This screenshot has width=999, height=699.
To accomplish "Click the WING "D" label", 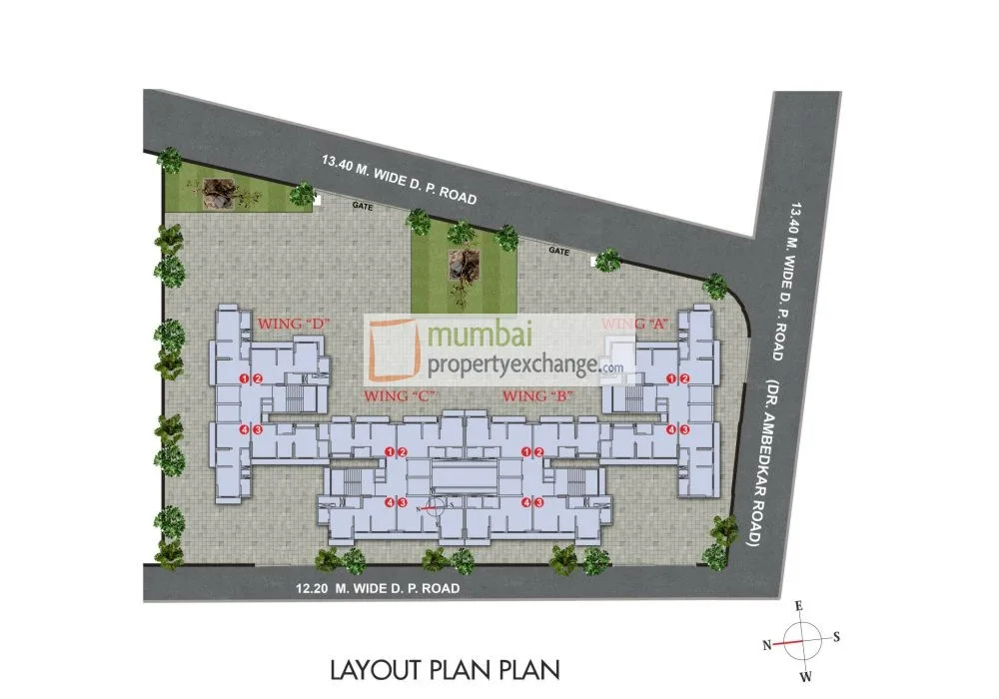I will coord(294,325).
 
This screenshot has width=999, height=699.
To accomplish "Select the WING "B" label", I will coord(536,396).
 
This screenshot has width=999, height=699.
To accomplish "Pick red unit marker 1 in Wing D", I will coord(245,378).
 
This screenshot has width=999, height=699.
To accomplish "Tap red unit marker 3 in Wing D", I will coord(258,429).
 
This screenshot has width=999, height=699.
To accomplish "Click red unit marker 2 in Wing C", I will coord(402,453).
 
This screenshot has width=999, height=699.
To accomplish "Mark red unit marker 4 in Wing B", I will coord(525,502).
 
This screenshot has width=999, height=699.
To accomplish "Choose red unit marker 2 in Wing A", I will coord(685,378).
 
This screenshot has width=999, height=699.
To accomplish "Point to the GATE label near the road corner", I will coord(559,252).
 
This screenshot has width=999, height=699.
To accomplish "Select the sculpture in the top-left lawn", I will coord(217,193).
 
